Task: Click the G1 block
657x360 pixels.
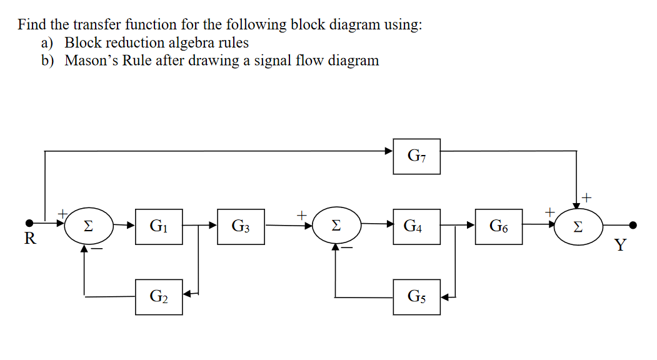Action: [x=159, y=226]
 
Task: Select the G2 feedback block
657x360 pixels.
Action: [x=159, y=296]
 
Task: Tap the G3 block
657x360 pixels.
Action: [x=241, y=226]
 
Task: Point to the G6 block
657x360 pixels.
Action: [x=499, y=226]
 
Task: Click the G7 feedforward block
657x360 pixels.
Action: [x=416, y=156]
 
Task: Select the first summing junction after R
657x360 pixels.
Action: [x=89, y=226]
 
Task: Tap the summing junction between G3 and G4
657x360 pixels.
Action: [x=337, y=226]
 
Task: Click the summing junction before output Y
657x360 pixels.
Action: [x=579, y=226]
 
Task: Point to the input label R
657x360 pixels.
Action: [x=28, y=238]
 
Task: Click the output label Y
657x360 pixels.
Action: [x=619, y=244]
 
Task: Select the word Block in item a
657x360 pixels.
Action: [x=81, y=42]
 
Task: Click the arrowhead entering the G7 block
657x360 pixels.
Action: [x=389, y=151]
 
